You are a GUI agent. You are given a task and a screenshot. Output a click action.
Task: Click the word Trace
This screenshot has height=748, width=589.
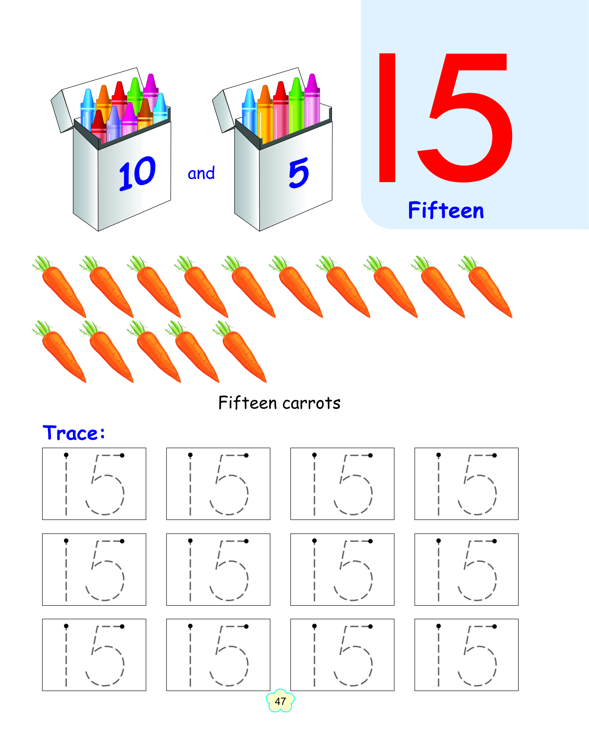tap(73, 433)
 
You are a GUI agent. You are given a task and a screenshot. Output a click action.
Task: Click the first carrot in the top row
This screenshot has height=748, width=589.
tap(59, 287)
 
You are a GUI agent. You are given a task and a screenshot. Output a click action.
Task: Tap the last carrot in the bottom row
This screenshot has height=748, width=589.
tap(240, 352)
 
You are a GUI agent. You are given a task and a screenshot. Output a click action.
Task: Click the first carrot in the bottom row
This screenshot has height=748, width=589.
tap(59, 352)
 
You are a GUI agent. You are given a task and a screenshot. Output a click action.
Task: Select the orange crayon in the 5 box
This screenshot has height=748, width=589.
tap(265, 114)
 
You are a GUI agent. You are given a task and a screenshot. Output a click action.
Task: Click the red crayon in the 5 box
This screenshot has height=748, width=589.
tap(281, 110)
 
